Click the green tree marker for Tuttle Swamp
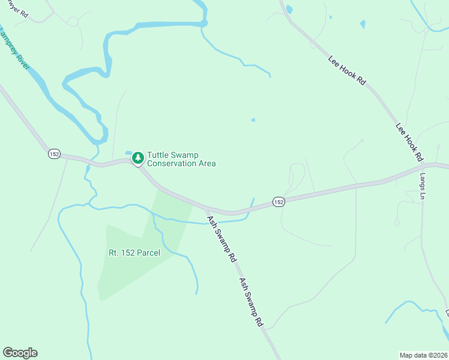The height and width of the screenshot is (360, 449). pyautogui.click(x=138, y=157)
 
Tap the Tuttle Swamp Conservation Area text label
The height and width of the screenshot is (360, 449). pyautogui.click(x=181, y=159)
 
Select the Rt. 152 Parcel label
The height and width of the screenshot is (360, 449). pyautogui.click(x=134, y=253)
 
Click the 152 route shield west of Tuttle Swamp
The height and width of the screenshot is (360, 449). pyautogui.click(x=54, y=154)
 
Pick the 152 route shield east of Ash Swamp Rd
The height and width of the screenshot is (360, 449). pyautogui.click(x=278, y=202)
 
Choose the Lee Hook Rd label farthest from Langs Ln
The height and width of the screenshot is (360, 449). pyautogui.click(x=347, y=70)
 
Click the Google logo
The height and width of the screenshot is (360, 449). pyautogui.click(x=20, y=353)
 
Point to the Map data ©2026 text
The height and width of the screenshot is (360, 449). pyautogui.click(x=423, y=355)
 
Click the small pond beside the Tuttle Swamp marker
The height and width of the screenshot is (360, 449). pyautogui.click(x=128, y=152)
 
